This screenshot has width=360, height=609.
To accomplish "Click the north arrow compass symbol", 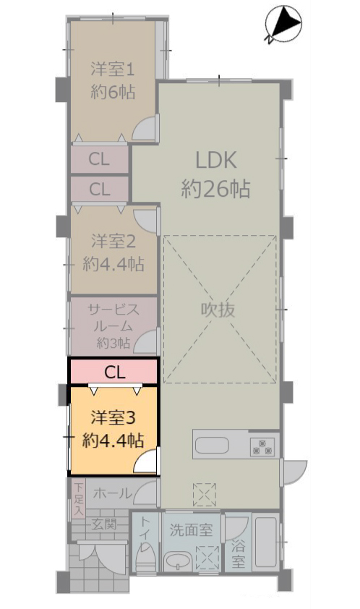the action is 283,24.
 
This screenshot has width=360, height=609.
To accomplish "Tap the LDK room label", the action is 216,160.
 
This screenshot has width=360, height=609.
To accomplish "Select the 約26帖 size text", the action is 216,189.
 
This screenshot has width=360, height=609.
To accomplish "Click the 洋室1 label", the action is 113,69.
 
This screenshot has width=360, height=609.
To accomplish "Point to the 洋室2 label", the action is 113,241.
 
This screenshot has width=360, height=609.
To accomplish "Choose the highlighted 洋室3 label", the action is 113,417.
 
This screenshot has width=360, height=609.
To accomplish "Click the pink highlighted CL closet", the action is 113,372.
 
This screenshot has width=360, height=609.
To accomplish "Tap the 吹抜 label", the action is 218,310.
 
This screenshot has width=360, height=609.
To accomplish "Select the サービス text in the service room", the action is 113,310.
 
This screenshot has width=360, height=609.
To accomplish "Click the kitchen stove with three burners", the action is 262,447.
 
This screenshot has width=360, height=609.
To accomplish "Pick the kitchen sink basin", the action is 212,446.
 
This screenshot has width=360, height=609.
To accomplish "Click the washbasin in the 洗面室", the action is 179,561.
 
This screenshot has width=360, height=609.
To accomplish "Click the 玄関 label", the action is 104,524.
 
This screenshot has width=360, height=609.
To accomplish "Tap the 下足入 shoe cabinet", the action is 79,498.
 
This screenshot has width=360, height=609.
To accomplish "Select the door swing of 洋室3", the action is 146,461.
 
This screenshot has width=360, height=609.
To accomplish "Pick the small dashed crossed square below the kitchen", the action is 205,495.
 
